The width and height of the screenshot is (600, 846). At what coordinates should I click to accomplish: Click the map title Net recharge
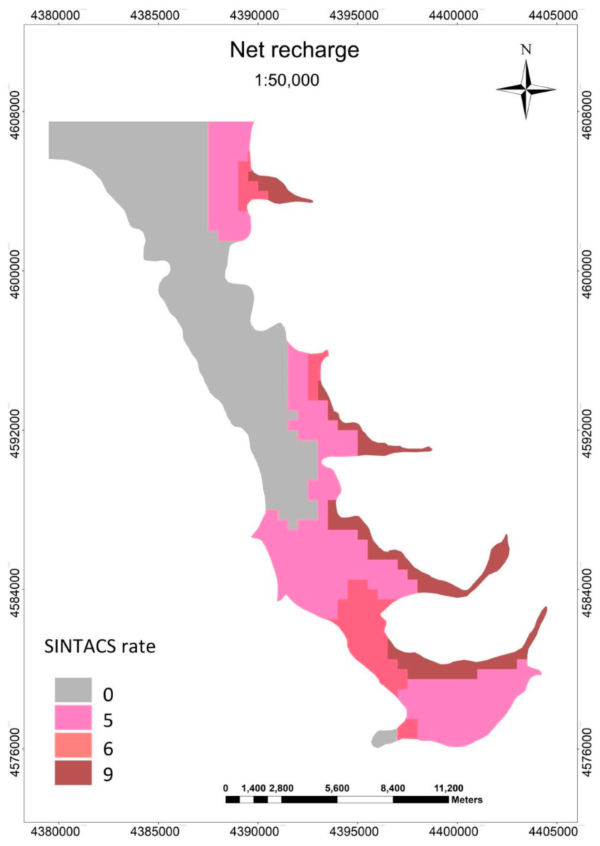pos(294,50)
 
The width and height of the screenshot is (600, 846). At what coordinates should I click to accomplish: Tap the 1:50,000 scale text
pos(287,80)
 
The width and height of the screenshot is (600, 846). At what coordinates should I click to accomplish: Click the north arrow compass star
pos(526,89)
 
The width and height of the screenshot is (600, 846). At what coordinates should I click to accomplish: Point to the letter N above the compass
pos(526,49)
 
